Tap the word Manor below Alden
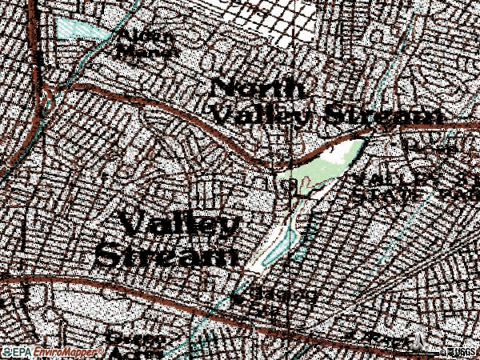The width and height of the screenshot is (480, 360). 147,51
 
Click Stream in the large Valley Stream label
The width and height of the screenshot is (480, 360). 166,256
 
